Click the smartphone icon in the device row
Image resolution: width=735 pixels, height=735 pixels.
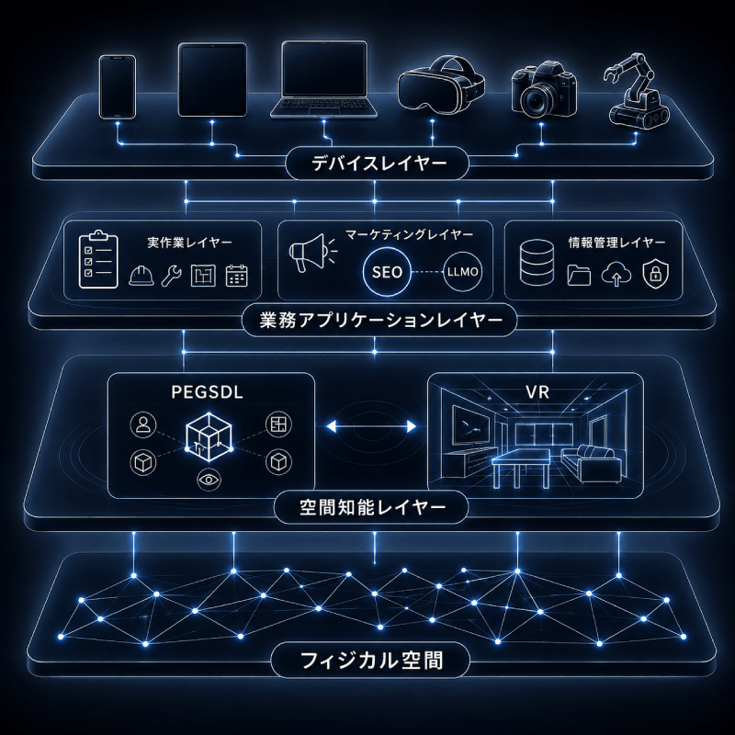(118, 86)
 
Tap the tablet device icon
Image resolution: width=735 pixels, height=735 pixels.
(212, 80)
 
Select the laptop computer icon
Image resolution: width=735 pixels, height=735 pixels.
(324, 80)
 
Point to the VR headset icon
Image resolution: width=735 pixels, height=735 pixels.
(441, 85)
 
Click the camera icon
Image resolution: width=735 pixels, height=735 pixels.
(544, 90)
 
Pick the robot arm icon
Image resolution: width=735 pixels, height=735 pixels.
(637, 91)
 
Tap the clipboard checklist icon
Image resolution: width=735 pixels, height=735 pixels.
(98, 259)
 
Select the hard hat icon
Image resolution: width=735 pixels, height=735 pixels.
(141, 276)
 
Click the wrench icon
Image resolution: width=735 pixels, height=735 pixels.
(172, 276)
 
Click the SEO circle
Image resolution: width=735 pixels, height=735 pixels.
(387, 272)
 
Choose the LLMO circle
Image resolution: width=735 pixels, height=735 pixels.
(463, 272)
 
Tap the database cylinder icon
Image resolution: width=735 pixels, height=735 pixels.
(537, 262)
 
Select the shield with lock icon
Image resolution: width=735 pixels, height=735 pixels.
(655, 275)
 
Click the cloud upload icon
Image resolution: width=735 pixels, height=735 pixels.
(616, 275)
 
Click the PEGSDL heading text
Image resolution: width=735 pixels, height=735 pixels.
(208, 392)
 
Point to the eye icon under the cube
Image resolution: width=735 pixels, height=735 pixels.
(209, 479)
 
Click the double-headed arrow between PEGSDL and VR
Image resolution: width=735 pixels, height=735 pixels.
(371, 426)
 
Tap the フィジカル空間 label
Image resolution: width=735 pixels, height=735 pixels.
(371, 660)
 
